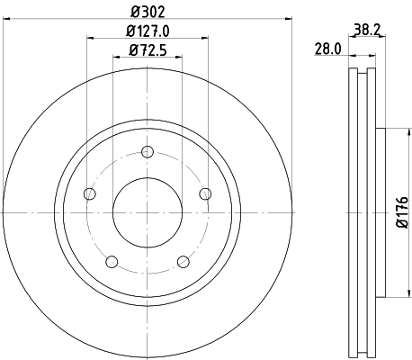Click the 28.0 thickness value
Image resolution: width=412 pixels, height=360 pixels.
[x=326, y=49]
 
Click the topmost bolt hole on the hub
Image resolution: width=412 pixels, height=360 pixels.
[x=148, y=151]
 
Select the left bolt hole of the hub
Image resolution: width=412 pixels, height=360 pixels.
[x=89, y=193]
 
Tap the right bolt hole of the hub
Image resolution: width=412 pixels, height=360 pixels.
[x=205, y=193]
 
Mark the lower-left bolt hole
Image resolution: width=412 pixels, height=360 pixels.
[x=112, y=262]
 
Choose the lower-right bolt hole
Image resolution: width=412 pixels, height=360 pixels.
[x=184, y=262]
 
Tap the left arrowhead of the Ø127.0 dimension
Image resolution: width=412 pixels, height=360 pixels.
[x=92, y=38]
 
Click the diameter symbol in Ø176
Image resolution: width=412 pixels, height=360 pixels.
[x=401, y=230]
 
